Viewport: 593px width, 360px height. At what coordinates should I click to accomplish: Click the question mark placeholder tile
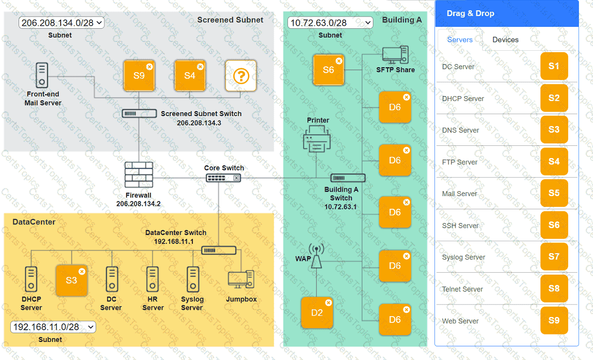241,76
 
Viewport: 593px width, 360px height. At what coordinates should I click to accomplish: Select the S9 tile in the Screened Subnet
139,76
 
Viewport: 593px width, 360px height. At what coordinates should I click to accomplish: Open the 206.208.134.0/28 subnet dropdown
61,22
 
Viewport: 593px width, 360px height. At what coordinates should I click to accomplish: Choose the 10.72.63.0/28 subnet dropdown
330,22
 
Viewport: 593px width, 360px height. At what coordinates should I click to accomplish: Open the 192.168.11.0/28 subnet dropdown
53,327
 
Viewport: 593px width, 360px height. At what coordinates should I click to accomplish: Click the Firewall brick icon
139,175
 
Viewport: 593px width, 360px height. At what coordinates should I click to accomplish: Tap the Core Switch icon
224,178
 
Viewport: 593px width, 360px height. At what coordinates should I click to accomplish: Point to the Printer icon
317,139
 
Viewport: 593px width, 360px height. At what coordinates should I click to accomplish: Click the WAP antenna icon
316,256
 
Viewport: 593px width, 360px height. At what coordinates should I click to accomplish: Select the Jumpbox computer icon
241,280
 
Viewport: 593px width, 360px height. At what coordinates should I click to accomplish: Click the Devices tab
505,40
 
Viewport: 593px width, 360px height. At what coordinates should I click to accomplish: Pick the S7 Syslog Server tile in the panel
554,257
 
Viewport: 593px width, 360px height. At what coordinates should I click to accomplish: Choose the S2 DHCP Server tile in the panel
554,98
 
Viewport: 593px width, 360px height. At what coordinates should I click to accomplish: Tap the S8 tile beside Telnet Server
554,288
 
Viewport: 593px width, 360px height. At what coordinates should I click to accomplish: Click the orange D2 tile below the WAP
317,313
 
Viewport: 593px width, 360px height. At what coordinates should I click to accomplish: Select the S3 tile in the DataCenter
72,280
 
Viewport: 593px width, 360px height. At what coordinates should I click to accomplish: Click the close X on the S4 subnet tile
200,67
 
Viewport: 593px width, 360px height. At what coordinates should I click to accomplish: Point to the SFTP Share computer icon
395,55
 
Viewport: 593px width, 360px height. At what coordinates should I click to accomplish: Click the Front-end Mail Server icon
42,75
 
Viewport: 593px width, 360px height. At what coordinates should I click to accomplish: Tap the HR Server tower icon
153,279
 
